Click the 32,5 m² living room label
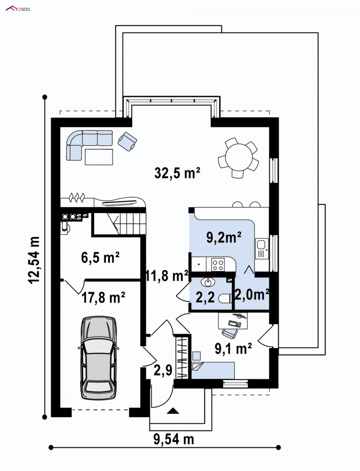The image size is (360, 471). [x=177, y=173]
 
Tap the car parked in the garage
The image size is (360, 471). [x=99, y=358]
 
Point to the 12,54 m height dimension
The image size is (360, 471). [x=34, y=260]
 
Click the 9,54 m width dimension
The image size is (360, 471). [x=174, y=439]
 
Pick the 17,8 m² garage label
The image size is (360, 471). [x=103, y=298]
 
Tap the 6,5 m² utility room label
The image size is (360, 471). [x=100, y=258]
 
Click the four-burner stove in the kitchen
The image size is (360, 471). [x=218, y=265]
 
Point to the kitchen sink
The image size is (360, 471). [x=262, y=249]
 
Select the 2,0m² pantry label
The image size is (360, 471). [x=251, y=294]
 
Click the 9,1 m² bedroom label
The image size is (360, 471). [x=233, y=349]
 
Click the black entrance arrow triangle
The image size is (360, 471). [x=173, y=410]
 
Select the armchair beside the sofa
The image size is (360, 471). [x=128, y=141]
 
